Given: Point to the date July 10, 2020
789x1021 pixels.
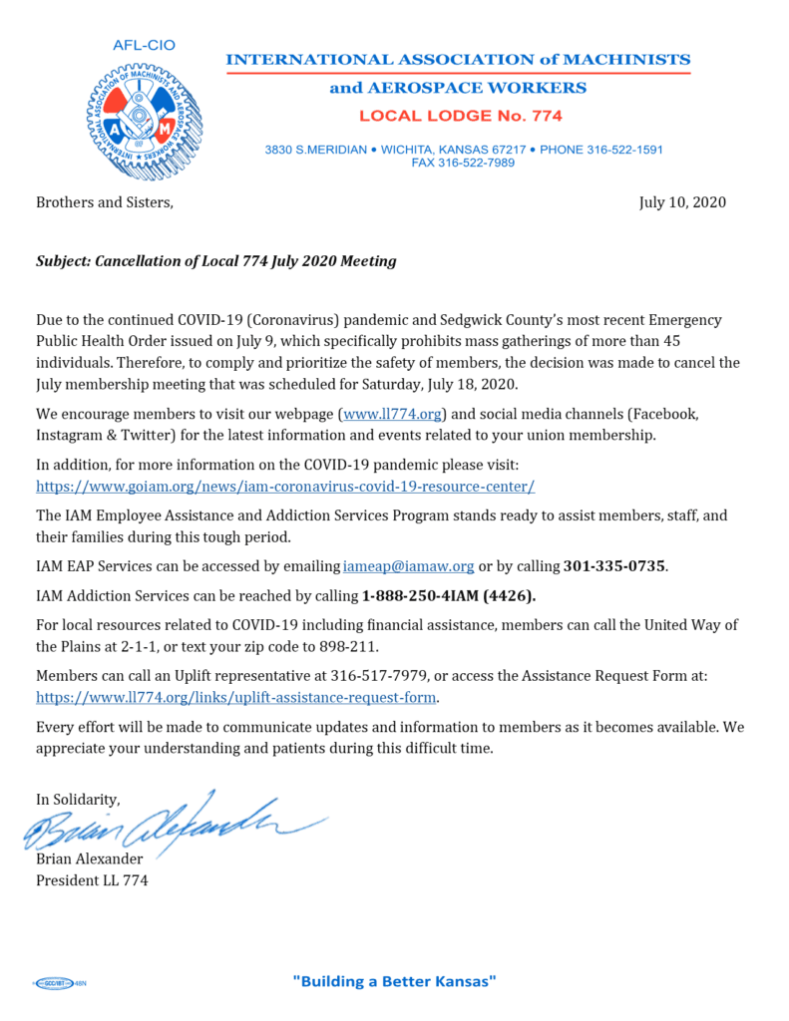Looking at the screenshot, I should pyautogui.click(x=682, y=202).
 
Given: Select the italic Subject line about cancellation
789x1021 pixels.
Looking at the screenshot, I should pyautogui.click(x=216, y=261).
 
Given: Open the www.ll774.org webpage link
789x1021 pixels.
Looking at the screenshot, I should pyautogui.click(x=393, y=440).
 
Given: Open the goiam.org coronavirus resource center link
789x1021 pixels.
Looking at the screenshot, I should pyautogui.click(x=285, y=487).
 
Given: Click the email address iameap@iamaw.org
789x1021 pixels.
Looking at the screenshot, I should pyautogui.click(x=408, y=566).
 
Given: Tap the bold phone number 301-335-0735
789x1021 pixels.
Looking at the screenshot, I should pyautogui.click(x=614, y=566).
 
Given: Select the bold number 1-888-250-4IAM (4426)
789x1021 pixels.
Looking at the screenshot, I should pyautogui.click(x=448, y=596).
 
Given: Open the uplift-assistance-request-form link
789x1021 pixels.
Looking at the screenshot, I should pyautogui.click(x=237, y=697).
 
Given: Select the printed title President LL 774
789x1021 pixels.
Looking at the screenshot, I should pyautogui.click(x=92, y=880).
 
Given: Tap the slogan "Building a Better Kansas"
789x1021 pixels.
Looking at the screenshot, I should pyautogui.click(x=394, y=981).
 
